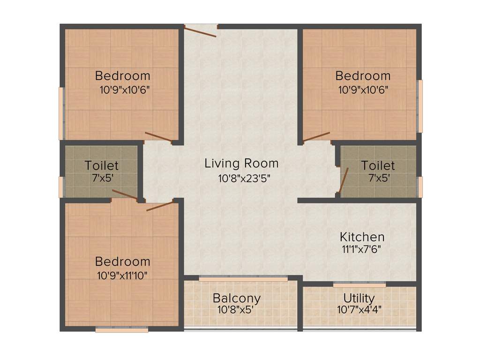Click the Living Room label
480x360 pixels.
pyautogui.click(x=241, y=163)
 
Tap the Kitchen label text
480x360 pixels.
pyautogui.click(x=362, y=237)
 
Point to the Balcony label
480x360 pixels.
pyautogui.click(x=236, y=298)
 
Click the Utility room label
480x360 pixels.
pyautogui.click(x=359, y=298)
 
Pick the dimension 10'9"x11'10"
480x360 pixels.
pyautogui.click(x=122, y=275)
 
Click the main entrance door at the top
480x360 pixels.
pyautogui.click(x=201, y=31)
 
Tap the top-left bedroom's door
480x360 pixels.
pyautogui.click(x=158, y=136)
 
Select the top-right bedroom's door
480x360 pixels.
pyautogui.click(x=316, y=136)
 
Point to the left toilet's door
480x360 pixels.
pyautogui.click(x=124, y=195)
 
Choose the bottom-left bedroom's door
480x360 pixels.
pyautogui.click(x=160, y=206)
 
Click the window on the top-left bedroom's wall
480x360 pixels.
pyautogui.click(x=61, y=113)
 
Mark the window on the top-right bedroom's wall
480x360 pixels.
pyautogui.click(x=420, y=106)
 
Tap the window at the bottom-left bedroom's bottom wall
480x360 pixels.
pyautogui.click(x=122, y=330)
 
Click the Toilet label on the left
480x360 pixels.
pyautogui.click(x=102, y=165)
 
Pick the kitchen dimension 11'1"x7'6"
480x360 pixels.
pyautogui.click(x=362, y=249)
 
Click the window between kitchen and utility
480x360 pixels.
pyautogui.click(x=360, y=284)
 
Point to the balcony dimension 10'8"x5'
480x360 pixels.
pyautogui.click(x=236, y=310)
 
